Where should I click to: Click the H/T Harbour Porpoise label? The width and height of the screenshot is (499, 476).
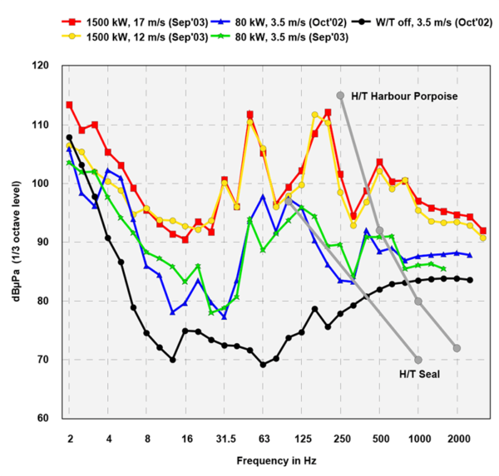point(404,97)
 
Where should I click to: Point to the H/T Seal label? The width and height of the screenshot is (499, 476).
point(421,374)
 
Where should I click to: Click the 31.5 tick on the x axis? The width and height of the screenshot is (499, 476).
point(225,438)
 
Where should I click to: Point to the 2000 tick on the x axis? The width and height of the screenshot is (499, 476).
point(457,438)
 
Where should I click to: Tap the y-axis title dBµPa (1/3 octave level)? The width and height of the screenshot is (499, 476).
point(17,241)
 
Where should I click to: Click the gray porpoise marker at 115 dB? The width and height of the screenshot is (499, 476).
point(340,96)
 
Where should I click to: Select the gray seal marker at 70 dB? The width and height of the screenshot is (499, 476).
point(418,360)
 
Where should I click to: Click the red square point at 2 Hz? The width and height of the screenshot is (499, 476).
point(69,106)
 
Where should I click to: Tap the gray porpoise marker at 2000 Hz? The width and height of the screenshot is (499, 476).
point(457,348)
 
